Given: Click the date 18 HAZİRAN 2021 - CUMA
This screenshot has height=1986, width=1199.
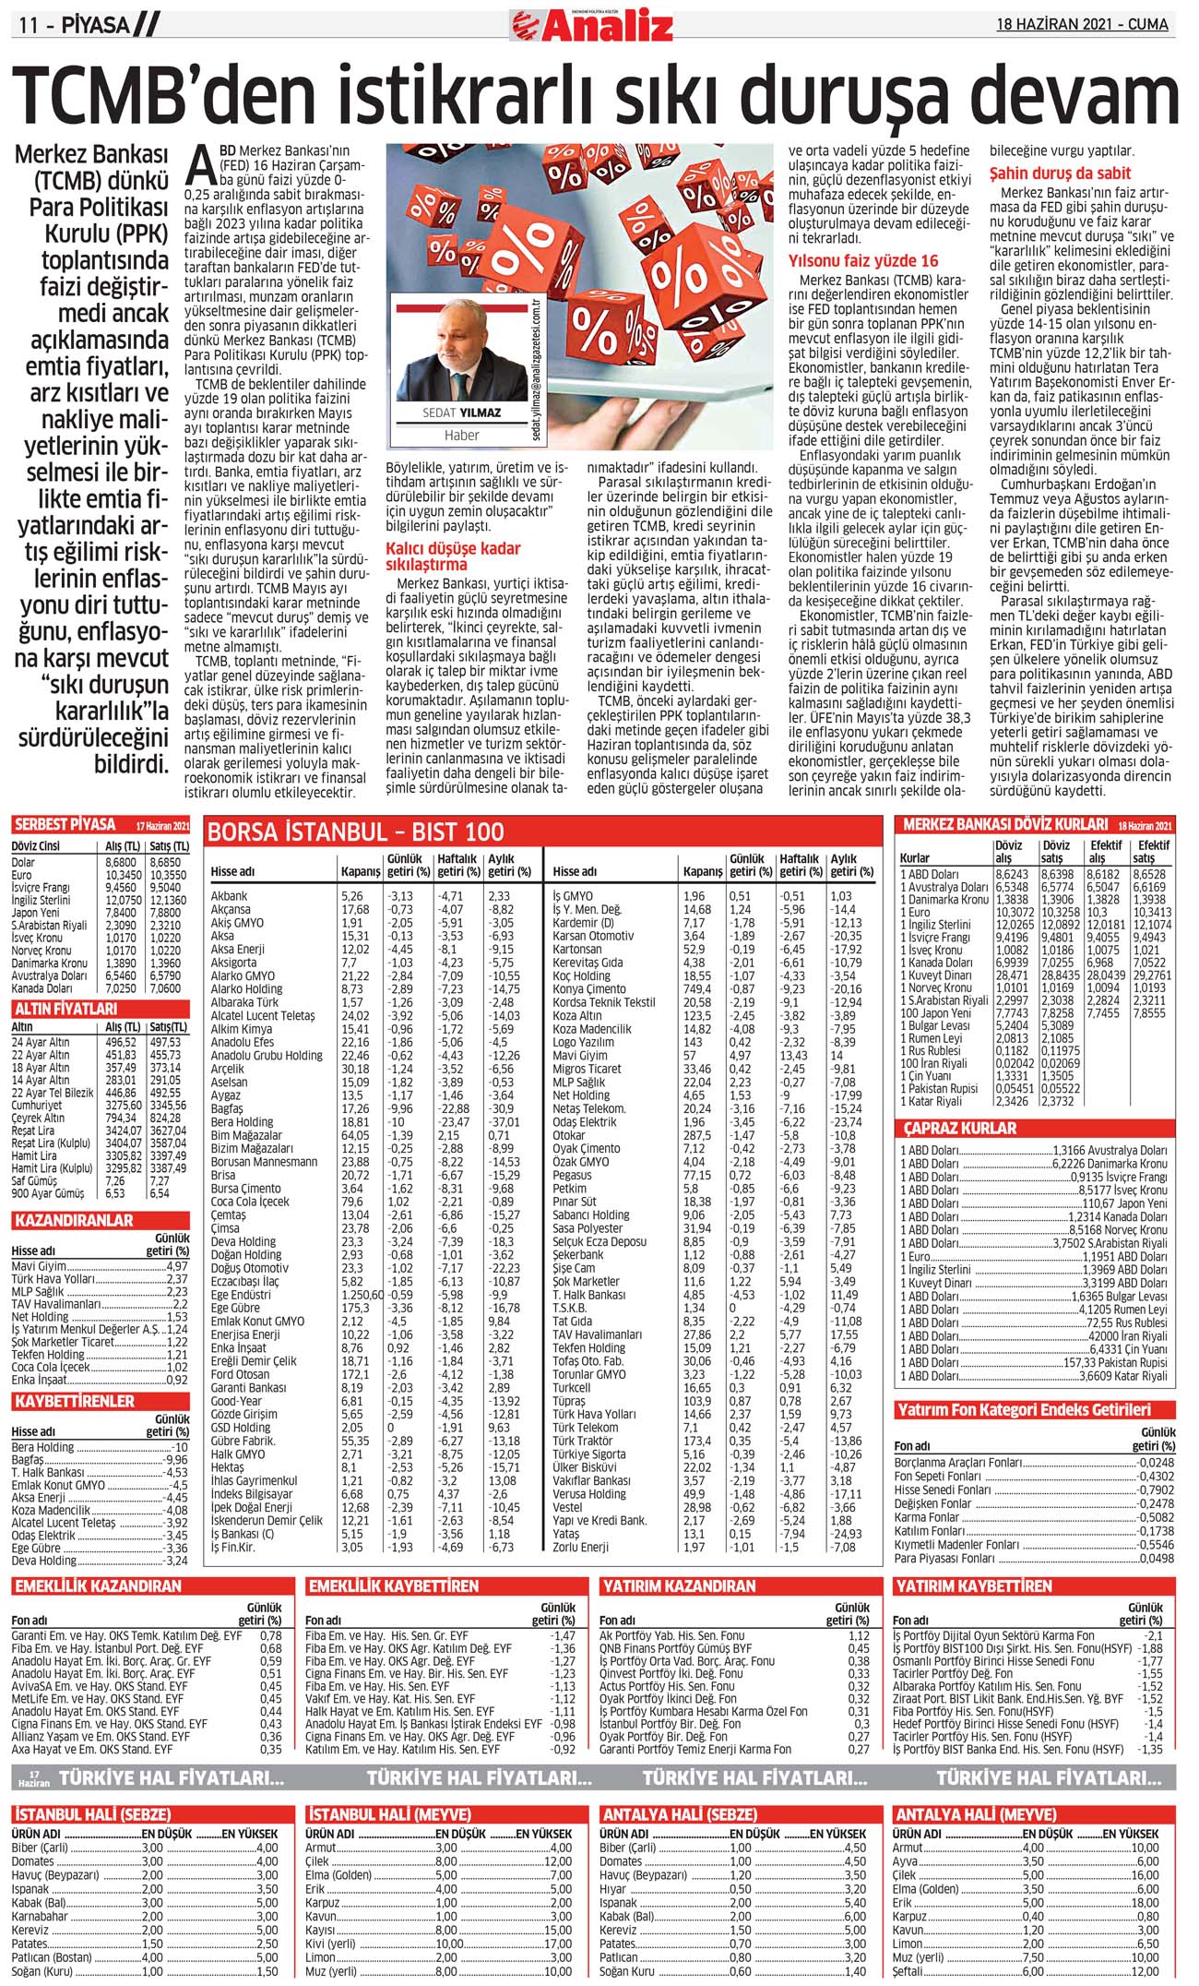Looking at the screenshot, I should point(1082,25).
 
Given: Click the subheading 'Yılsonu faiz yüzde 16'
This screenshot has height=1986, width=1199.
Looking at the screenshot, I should point(862,261).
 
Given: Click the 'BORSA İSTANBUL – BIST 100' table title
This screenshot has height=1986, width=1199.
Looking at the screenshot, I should point(356,832).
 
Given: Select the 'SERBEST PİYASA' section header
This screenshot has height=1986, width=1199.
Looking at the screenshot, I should point(64,825).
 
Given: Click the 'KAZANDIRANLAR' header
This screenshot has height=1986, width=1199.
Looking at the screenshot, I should point(74,1220).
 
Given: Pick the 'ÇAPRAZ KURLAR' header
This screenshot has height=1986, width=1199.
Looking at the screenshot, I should point(959,1128).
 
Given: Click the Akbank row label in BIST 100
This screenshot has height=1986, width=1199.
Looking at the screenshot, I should point(229,895).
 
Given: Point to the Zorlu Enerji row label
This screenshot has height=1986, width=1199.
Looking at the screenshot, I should point(580,1547).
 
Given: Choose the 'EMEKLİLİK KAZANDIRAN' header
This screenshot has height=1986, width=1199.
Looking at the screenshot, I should point(97,1586).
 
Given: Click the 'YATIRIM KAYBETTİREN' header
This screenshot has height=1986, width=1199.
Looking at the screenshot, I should point(973,1586).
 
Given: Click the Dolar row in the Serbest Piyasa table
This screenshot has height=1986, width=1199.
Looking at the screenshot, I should point(24,862).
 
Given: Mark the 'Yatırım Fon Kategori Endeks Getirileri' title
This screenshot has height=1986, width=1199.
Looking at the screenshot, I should point(1023,1410).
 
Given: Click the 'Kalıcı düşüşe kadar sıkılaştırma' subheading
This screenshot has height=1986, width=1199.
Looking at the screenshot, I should point(453,556).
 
